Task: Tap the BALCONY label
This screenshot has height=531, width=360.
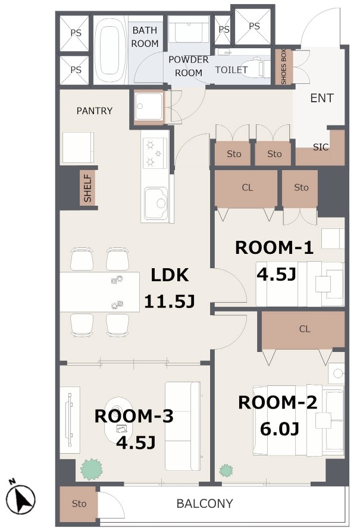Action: coord(205,504)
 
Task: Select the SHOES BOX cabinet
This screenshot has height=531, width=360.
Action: coord(284,67)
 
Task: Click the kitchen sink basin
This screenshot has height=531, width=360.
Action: coord(155,203)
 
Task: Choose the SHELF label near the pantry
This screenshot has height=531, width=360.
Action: coord(87,188)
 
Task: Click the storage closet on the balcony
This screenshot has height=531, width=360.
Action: coord(79,504)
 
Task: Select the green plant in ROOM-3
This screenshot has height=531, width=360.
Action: coord(91,469)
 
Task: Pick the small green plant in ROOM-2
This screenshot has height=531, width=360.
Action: coord(226,470)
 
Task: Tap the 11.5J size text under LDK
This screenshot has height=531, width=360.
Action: coord(169,301)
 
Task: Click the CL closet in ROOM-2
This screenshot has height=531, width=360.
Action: coord(303,330)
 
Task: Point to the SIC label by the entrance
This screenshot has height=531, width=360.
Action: coord(321,147)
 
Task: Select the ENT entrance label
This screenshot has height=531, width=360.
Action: coord(322,98)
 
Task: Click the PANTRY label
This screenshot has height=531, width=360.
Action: coord(94,111)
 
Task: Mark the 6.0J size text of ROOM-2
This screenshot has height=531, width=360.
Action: coord(279,429)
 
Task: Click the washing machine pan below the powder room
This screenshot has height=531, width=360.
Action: coord(149,106)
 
